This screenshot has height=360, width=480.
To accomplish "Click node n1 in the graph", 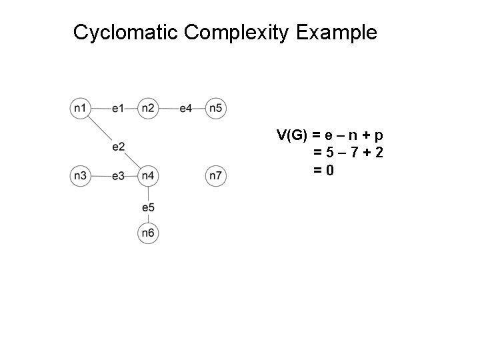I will (x=80, y=107).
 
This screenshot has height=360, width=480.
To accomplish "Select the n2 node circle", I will (x=148, y=107).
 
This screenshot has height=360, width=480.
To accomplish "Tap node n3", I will (x=80, y=176).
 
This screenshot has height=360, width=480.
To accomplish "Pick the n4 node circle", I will (x=148, y=176).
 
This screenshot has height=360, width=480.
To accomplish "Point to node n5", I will (x=216, y=107).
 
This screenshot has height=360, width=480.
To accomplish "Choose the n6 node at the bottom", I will (x=148, y=233).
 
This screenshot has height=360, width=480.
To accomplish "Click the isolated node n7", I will (x=216, y=176).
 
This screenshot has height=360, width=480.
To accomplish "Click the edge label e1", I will (x=118, y=107).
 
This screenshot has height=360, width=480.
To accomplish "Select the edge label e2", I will (x=119, y=146).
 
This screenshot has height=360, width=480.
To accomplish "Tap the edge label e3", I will (x=118, y=176).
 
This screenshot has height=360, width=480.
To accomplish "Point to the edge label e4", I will (x=186, y=107).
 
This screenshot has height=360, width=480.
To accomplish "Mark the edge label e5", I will (x=148, y=208).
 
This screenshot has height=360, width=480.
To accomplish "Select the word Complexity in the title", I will (x=237, y=33).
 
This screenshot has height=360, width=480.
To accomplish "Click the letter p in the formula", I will (x=387, y=135).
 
